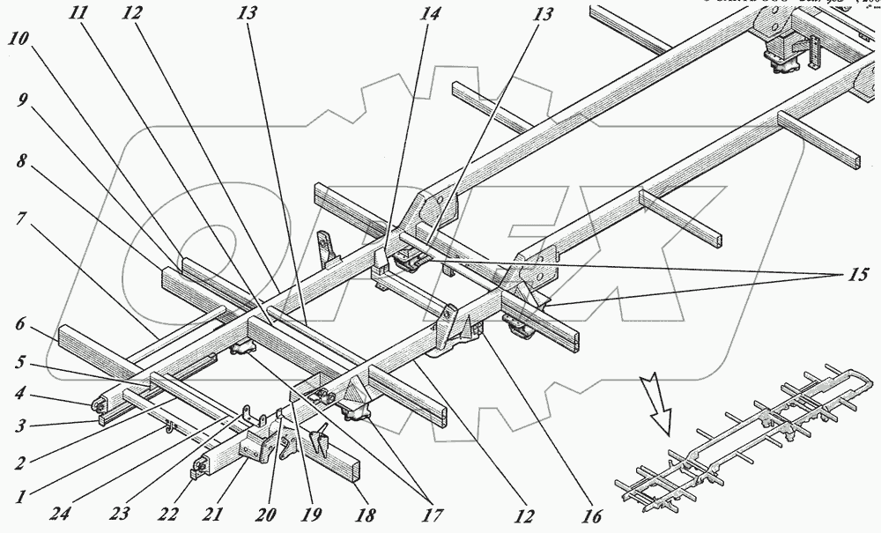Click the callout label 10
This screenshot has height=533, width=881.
pos(18,41)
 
